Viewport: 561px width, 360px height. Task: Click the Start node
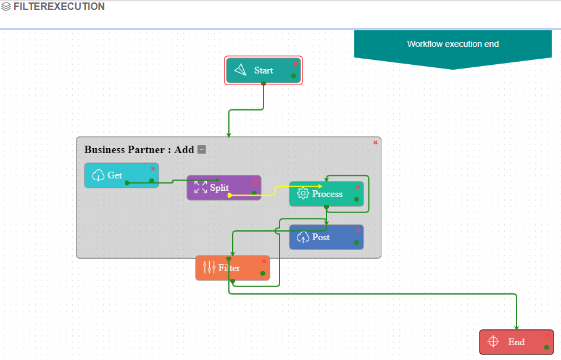click(264, 70)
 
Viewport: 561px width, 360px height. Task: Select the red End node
click(516, 342)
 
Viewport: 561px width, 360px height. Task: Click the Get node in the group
click(121, 175)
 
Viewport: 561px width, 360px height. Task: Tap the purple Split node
click(223, 188)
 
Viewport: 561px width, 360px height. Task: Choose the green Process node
click(326, 194)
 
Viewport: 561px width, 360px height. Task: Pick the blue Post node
click(326, 237)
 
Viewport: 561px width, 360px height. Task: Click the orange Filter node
click(233, 268)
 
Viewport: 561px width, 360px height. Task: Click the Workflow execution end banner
click(452, 44)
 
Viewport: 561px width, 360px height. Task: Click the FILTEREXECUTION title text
click(59, 7)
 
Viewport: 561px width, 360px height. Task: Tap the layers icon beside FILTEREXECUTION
click(6, 7)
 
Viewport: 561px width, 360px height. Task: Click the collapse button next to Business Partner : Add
click(202, 149)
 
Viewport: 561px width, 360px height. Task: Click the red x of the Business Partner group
click(375, 143)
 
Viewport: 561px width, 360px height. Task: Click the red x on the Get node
click(153, 169)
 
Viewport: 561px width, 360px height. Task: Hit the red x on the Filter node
click(264, 261)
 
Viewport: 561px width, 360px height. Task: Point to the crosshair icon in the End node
click(493, 342)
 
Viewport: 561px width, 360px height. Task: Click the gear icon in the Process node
click(302, 194)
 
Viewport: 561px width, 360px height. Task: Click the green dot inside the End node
click(547, 348)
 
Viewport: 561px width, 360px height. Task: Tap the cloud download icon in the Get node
click(98, 175)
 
